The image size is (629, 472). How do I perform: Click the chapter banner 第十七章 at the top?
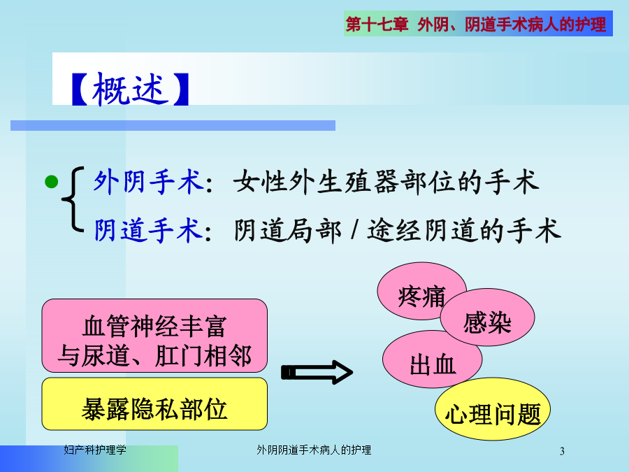(377, 24)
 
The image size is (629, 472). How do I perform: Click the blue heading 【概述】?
(130, 89)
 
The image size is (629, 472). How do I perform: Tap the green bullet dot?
(51, 181)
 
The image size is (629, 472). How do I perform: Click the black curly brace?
(73, 199)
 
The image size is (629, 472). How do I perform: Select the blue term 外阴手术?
(148, 182)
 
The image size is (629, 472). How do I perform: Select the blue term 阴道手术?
(148, 230)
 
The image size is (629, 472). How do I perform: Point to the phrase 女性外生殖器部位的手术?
(386, 182)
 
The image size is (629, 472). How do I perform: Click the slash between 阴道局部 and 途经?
(354, 230)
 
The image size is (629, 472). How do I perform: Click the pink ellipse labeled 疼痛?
(421, 291)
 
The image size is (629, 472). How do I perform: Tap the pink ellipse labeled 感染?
(487, 317)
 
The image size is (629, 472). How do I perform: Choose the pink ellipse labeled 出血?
(433, 359)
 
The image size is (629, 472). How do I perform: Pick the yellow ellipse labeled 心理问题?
(493, 409)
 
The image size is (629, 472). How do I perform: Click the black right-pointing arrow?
(317, 373)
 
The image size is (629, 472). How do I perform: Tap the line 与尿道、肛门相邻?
(154, 356)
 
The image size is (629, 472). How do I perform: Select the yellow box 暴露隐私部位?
(154, 403)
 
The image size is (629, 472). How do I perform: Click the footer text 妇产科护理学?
(95, 450)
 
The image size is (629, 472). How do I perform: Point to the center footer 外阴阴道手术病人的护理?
(314, 450)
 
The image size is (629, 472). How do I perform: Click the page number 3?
(562, 452)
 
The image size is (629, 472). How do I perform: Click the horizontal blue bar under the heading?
(173, 126)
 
